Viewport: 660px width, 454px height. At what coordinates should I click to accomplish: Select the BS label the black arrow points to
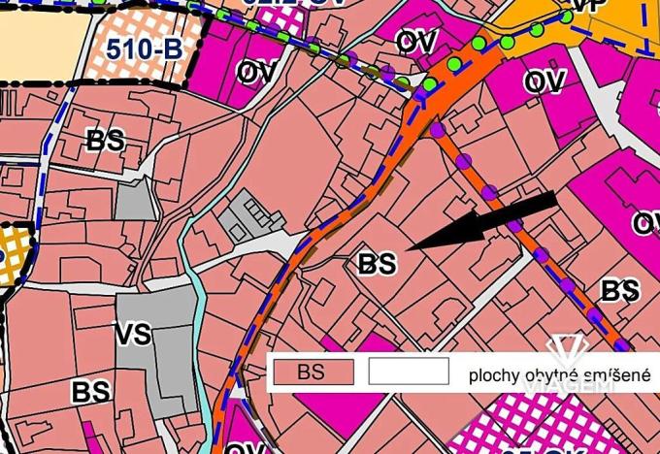tap(378, 263)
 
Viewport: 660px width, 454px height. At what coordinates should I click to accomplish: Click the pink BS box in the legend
tap(311, 372)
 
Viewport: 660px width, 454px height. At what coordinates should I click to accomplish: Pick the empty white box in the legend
tap(409, 372)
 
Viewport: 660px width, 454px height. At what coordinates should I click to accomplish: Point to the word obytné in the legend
tap(552, 375)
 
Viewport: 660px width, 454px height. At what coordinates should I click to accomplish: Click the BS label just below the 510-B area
tap(106, 140)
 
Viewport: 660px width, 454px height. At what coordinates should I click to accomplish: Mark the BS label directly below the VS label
tap(89, 392)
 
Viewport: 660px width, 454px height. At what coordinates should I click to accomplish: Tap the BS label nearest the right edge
tap(618, 290)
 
